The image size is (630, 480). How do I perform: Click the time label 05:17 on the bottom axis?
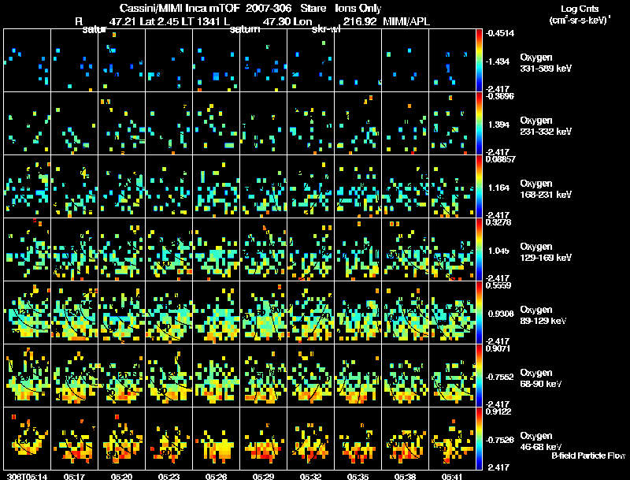[x=75, y=476]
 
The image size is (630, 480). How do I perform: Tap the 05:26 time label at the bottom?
[x=215, y=476]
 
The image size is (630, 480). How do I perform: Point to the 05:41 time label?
[x=452, y=476]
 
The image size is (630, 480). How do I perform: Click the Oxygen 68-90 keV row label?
[x=543, y=378]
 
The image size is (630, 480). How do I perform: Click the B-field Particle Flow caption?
[x=587, y=456]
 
